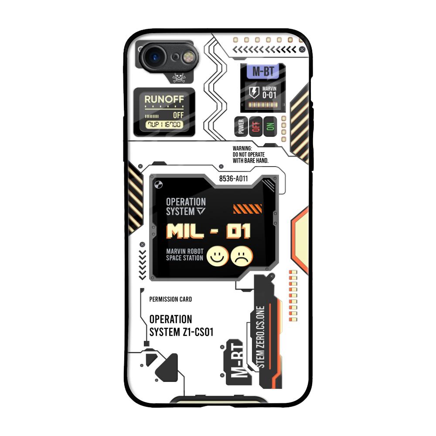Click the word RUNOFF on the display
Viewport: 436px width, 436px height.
[164, 99]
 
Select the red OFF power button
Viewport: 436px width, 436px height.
[255, 126]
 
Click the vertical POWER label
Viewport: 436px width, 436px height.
[241, 126]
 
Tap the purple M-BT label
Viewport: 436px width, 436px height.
[263, 72]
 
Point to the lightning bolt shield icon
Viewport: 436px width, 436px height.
[254, 92]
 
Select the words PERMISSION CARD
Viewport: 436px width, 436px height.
[170, 300]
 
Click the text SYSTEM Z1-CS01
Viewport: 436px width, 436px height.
[181, 332]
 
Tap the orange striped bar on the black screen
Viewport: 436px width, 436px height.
[247, 209]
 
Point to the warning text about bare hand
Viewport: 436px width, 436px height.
[251, 155]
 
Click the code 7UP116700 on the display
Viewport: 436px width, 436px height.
[164, 125]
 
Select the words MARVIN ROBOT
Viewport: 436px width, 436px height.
[185, 251]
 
